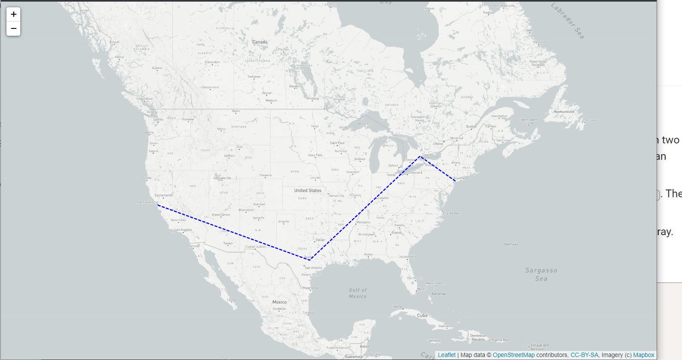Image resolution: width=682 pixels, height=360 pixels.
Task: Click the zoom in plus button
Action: pos(13,14)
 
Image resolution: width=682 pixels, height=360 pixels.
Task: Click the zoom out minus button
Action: pos(13,28)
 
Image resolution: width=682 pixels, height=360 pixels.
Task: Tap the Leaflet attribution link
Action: pos(446,355)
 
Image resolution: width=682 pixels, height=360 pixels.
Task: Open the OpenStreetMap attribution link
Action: pos(514,355)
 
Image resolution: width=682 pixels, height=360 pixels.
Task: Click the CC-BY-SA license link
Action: pos(584,355)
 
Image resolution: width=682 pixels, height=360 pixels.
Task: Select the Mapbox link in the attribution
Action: pos(644,355)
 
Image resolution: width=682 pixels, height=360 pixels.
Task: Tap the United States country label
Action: pos(308,190)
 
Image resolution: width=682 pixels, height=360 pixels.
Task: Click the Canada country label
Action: pos(259,42)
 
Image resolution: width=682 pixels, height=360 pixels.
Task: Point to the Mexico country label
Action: pos(279,302)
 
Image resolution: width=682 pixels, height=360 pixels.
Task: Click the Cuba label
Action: pos(422,316)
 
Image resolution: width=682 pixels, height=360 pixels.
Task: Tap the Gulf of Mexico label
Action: pos(358,293)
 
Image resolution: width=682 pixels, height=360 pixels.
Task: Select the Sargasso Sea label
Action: pos(541,274)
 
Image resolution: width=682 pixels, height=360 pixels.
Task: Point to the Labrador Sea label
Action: pos(568,21)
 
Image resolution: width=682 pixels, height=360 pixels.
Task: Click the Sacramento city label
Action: pos(163,196)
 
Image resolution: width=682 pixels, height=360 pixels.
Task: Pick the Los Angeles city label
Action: pos(183,230)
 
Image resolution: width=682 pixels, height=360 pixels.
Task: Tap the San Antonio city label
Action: pos(313,268)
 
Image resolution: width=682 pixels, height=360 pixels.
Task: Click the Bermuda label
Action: pos(511,245)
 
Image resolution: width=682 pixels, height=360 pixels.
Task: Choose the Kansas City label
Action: pos(336,196)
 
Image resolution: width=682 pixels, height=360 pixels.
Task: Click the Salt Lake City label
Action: pos(222,178)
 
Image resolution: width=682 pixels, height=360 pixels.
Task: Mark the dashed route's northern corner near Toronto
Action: pos(420,156)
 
